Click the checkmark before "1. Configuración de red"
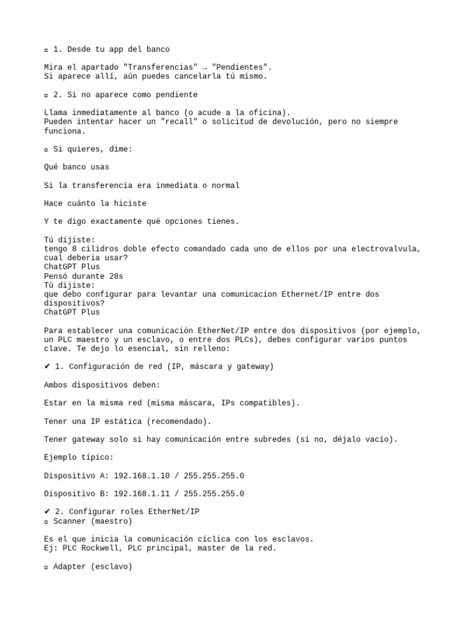point(47,367)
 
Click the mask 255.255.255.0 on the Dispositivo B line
point(214,494)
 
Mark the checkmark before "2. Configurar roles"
point(47,512)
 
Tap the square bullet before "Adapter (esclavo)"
point(46,567)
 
